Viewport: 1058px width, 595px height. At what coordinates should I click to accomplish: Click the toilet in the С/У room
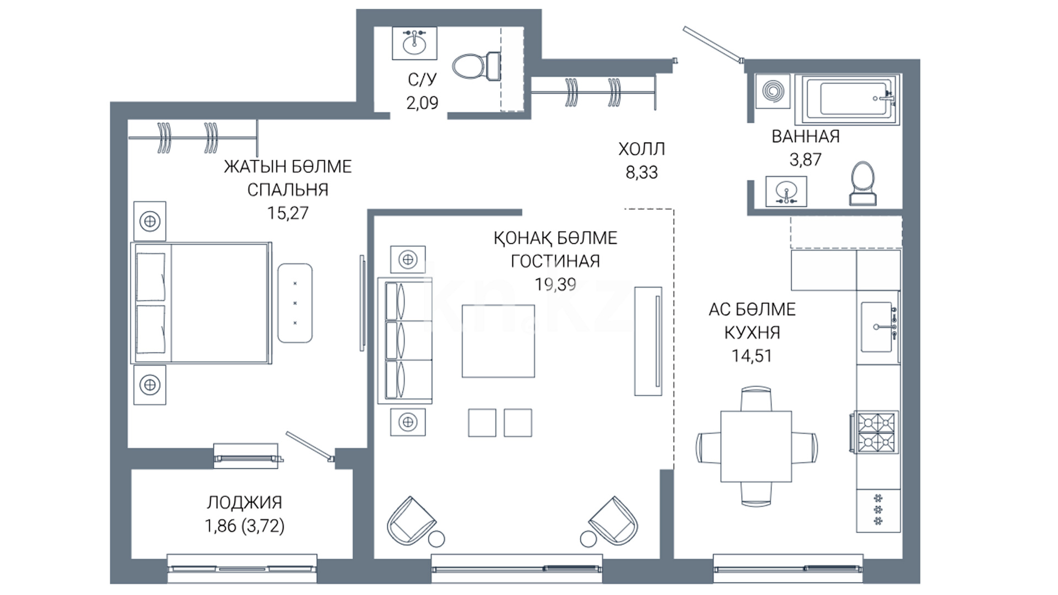click(x=477, y=66)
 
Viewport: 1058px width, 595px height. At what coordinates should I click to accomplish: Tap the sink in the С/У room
click(x=414, y=42)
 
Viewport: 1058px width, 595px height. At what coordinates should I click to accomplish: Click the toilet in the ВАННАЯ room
click(x=862, y=183)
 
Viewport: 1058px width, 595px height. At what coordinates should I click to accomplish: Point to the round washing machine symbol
click(x=773, y=90)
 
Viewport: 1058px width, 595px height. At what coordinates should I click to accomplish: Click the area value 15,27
click(x=288, y=213)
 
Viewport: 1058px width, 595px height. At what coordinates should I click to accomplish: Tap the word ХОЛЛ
click(x=641, y=149)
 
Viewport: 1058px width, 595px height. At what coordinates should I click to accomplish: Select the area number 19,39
click(x=555, y=284)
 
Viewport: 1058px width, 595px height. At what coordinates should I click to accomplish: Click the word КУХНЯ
click(x=752, y=333)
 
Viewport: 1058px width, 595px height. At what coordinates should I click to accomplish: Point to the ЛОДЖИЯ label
click(x=245, y=502)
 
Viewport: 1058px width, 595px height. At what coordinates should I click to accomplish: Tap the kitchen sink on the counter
click(x=877, y=327)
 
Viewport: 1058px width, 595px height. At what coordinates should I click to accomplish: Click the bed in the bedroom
click(x=201, y=303)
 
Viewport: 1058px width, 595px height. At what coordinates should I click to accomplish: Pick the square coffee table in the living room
click(x=498, y=341)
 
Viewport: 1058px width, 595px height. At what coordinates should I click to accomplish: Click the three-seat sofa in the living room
click(x=404, y=340)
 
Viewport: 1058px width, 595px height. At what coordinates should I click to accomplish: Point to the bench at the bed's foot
click(x=295, y=303)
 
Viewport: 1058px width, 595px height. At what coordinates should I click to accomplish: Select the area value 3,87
click(x=805, y=160)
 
